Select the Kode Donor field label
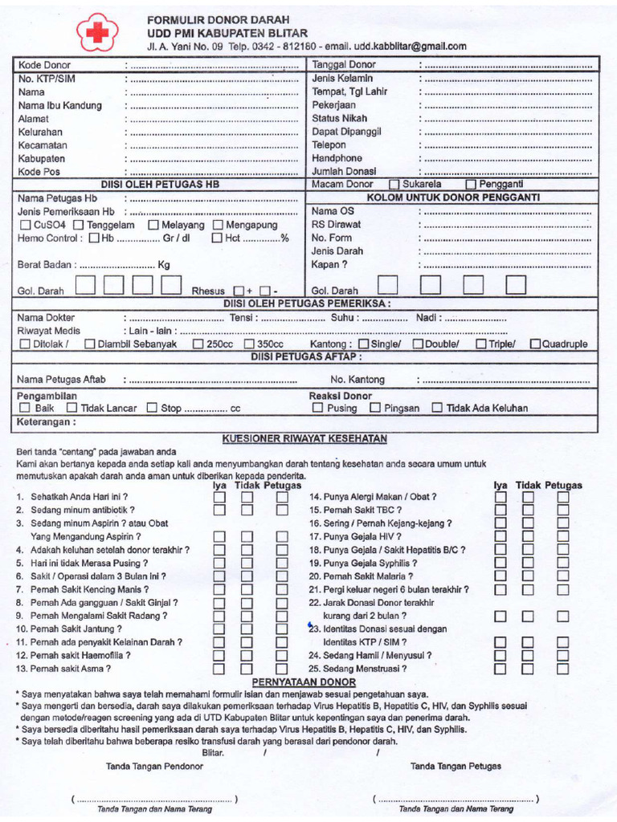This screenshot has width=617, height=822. (x=44, y=65)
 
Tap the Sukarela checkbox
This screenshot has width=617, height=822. (x=394, y=184)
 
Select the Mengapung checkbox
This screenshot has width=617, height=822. (x=218, y=226)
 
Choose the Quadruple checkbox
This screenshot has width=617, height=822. (x=535, y=344)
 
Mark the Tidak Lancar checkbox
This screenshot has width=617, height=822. (x=72, y=409)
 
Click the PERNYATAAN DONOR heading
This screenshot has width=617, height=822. (x=305, y=681)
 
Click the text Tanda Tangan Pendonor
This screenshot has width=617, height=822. (x=154, y=767)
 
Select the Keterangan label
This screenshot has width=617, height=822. (x=47, y=421)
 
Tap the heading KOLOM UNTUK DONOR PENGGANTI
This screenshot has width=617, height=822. (x=453, y=197)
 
